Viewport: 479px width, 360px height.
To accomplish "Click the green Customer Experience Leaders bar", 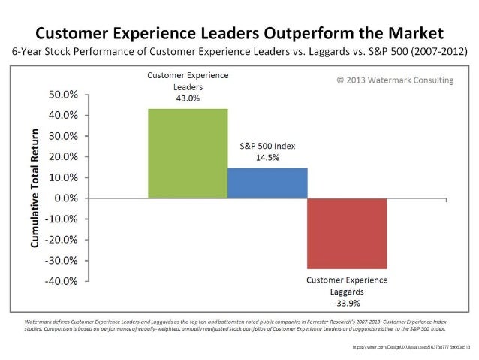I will click(x=188, y=153).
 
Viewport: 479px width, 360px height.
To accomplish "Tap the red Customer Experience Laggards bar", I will click(x=347, y=233).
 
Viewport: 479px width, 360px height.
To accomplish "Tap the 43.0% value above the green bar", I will click(x=188, y=98).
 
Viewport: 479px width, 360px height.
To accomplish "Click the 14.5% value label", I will click(x=267, y=158).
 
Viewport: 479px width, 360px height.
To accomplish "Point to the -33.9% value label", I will click(x=347, y=304).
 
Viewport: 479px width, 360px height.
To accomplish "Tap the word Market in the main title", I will click(x=412, y=34).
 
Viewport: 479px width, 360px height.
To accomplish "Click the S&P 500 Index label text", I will click(x=267, y=146).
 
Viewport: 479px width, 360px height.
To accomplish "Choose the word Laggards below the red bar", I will click(x=347, y=292).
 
